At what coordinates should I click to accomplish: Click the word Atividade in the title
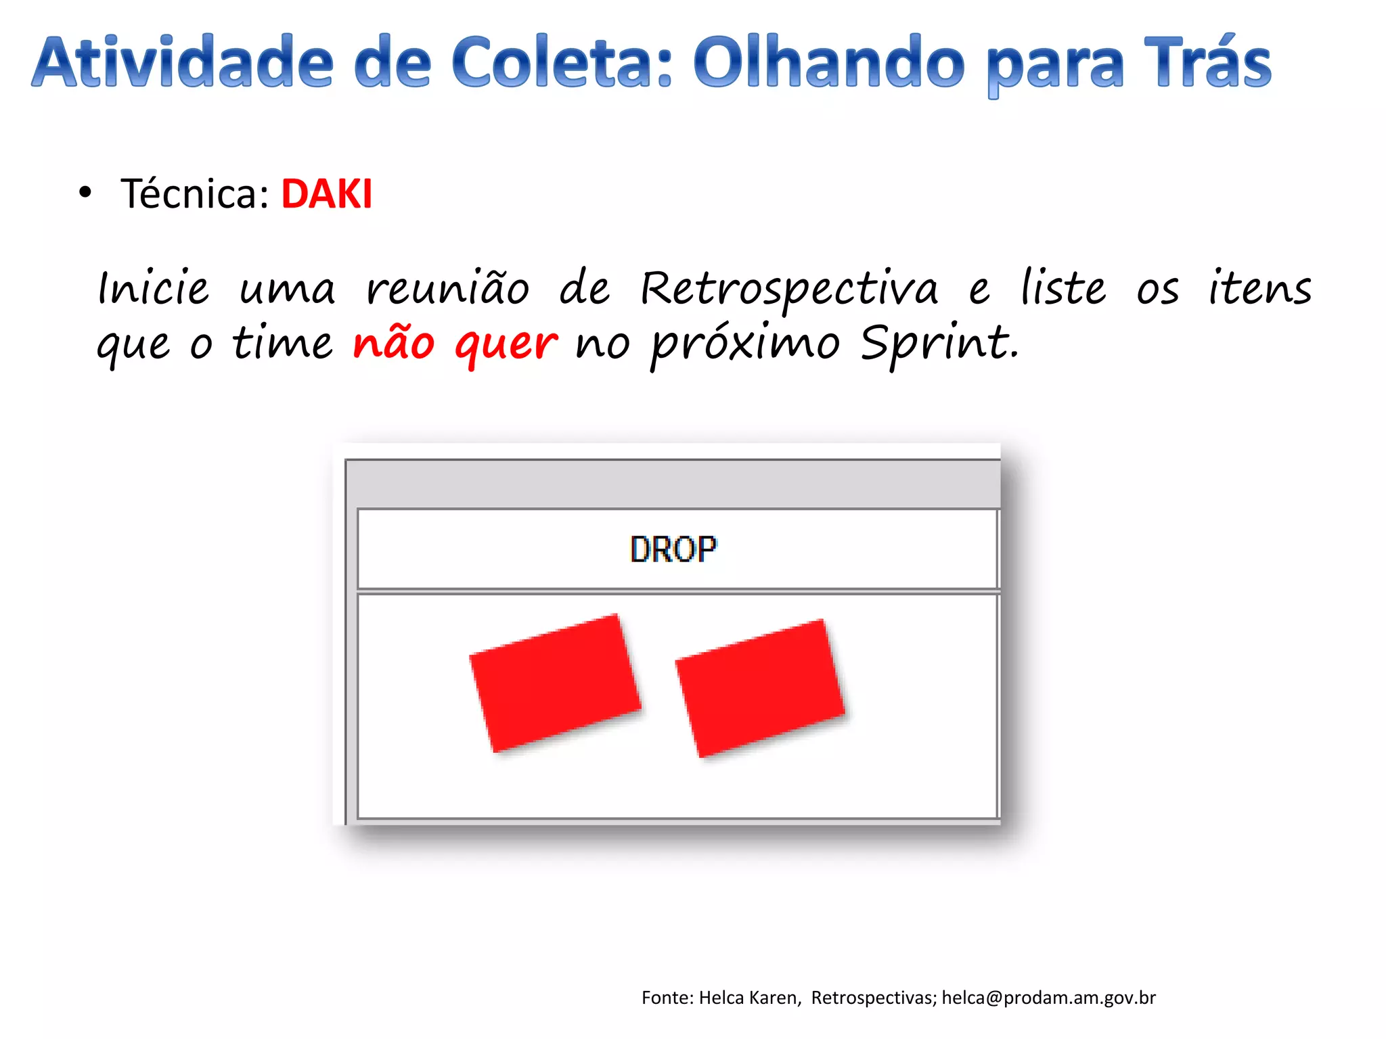click(183, 62)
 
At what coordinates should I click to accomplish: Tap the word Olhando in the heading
click(828, 62)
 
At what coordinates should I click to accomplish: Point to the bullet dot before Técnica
click(85, 193)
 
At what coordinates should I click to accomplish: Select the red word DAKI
click(326, 194)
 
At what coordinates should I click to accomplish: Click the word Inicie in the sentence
click(153, 290)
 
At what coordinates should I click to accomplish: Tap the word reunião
click(447, 290)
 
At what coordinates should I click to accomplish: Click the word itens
click(1260, 290)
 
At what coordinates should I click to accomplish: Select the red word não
click(393, 342)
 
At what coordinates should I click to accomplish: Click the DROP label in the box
click(673, 549)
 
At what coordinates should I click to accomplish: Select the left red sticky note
click(555, 683)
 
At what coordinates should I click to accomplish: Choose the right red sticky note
click(760, 688)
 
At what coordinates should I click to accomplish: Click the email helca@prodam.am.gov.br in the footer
click(1048, 998)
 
